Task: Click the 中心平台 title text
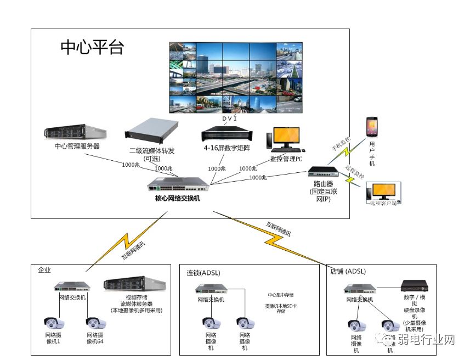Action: click(x=92, y=47)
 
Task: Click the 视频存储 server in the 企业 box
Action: click(x=134, y=284)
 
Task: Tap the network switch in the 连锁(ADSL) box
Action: click(x=211, y=289)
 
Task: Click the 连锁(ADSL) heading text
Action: click(x=203, y=272)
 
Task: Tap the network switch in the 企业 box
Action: click(x=72, y=287)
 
